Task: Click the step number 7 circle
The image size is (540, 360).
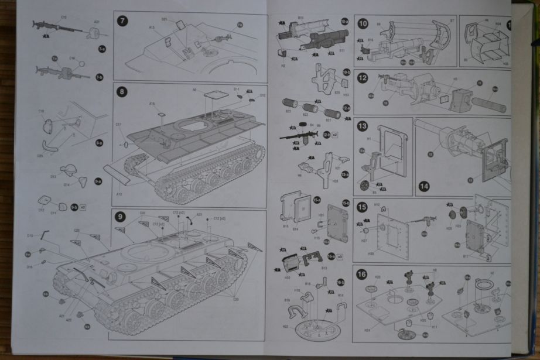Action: pyautogui.click(x=122, y=21)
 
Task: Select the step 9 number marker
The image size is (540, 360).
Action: pyautogui.click(x=120, y=217)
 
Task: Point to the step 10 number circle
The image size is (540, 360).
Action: pyautogui.click(x=363, y=24)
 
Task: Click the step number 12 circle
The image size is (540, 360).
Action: pyautogui.click(x=363, y=77)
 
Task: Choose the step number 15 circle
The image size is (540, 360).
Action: pyautogui.click(x=363, y=207)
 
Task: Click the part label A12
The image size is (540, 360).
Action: pyautogui.click(x=119, y=194)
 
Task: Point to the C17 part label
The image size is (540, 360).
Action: pyautogui.click(x=118, y=124)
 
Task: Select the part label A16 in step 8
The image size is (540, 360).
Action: pyautogui.click(x=152, y=104)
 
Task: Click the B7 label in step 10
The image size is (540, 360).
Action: pyautogui.click(x=452, y=21)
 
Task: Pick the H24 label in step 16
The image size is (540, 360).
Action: pyautogui.click(x=367, y=330)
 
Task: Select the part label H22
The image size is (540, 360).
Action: pyautogui.click(x=285, y=327)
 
